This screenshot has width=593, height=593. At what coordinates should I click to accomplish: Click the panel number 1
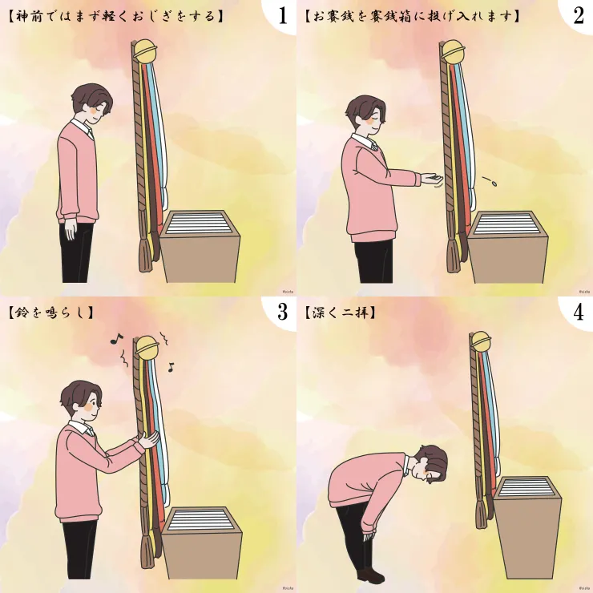pos(283,15)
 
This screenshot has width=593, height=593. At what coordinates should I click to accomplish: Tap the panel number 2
pos(579,15)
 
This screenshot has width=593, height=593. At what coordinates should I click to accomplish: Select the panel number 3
pos(283,312)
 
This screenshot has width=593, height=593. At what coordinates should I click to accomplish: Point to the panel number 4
pos(579,312)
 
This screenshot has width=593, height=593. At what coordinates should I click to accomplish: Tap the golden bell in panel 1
pos(146,51)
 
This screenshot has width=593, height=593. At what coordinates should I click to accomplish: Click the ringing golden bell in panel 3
pos(147,347)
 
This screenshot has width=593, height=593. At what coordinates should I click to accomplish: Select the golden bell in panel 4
pos(480,342)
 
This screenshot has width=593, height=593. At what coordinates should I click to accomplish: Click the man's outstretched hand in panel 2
pos(431,178)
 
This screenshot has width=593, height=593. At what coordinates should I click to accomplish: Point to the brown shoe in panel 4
pos(370,575)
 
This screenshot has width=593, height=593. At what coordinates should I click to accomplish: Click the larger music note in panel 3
pos(116,338)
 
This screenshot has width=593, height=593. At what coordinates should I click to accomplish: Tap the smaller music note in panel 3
pos(171,367)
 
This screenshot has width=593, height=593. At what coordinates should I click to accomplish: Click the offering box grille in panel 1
pos(196,223)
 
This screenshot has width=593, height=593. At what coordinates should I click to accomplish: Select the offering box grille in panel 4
pos(527,487)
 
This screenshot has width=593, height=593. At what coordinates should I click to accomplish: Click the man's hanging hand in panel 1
pos(71,229)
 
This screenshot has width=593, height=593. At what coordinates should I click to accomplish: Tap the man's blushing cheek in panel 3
pos(88,407)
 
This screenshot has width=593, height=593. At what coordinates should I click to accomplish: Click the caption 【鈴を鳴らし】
pos(50,313)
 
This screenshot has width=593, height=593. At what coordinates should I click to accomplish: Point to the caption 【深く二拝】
pos(341,313)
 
